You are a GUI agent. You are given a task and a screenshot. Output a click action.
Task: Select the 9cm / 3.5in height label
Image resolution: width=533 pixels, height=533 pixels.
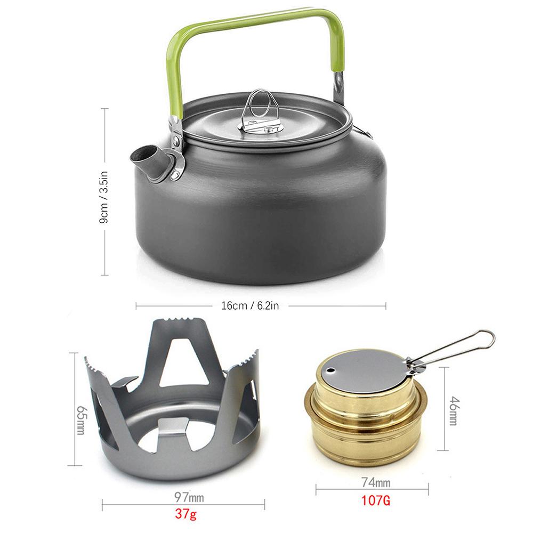105,192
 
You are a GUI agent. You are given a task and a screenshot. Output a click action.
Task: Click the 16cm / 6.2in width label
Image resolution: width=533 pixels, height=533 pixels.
251,306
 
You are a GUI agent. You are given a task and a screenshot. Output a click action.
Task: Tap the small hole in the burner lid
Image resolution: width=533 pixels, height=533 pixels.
332,370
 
